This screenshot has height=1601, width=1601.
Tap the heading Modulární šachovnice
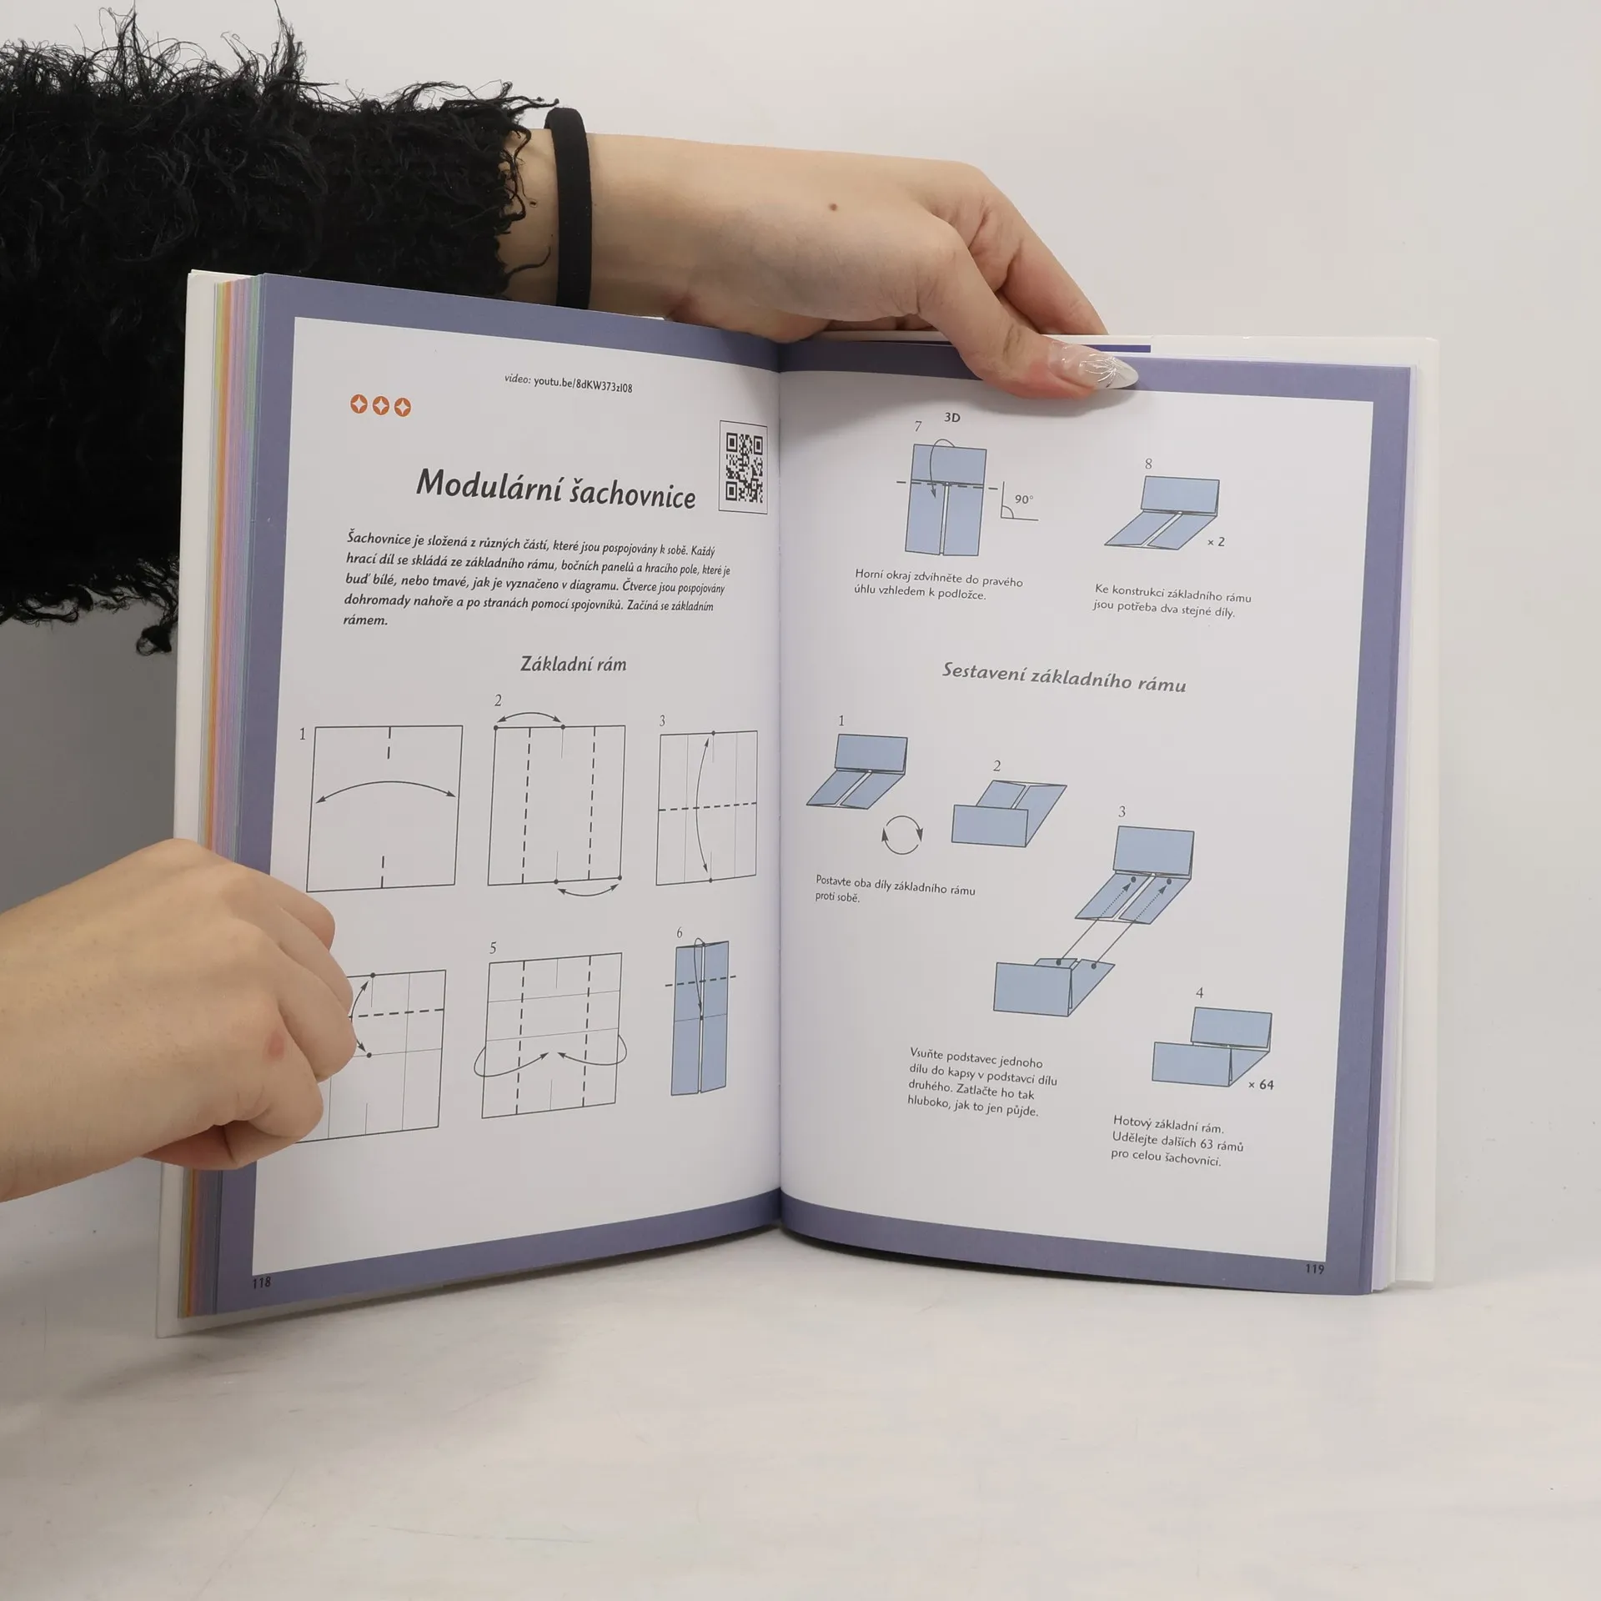(x=556, y=489)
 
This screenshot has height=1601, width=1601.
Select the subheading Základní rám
(x=573, y=664)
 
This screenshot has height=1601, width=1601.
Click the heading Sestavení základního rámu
(x=1063, y=677)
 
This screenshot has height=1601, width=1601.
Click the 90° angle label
(x=1023, y=499)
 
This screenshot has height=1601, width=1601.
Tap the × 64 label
(x=1261, y=1085)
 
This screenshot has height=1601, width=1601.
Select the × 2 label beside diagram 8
(x=1216, y=542)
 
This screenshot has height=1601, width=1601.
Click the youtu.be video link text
(x=568, y=383)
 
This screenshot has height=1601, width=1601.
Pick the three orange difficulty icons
(x=380, y=406)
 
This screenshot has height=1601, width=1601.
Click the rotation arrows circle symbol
(x=903, y=836)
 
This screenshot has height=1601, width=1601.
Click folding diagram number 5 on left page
(x=552, y=1034)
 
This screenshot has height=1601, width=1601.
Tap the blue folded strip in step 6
(x=700, y=1017)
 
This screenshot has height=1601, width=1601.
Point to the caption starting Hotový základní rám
(x=1177, y=1140)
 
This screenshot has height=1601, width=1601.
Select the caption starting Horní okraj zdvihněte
(x=938, y=584)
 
